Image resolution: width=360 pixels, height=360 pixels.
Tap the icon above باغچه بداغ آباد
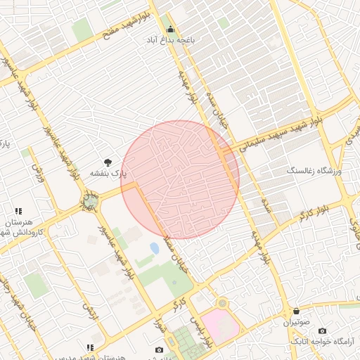tap(170, 30)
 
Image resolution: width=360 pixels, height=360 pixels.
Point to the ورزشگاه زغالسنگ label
tap(314, 171)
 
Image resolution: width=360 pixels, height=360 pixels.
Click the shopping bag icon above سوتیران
tap(296, 311)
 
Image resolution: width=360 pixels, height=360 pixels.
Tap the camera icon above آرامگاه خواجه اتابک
tap(322, 330)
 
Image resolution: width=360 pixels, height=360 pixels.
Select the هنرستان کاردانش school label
tap(21, 226)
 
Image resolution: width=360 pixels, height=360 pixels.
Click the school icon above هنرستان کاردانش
tap(18, 211)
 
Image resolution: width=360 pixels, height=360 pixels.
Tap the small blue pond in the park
tap(154, 249)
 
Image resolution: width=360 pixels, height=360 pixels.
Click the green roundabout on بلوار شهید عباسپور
tap(90, 202)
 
